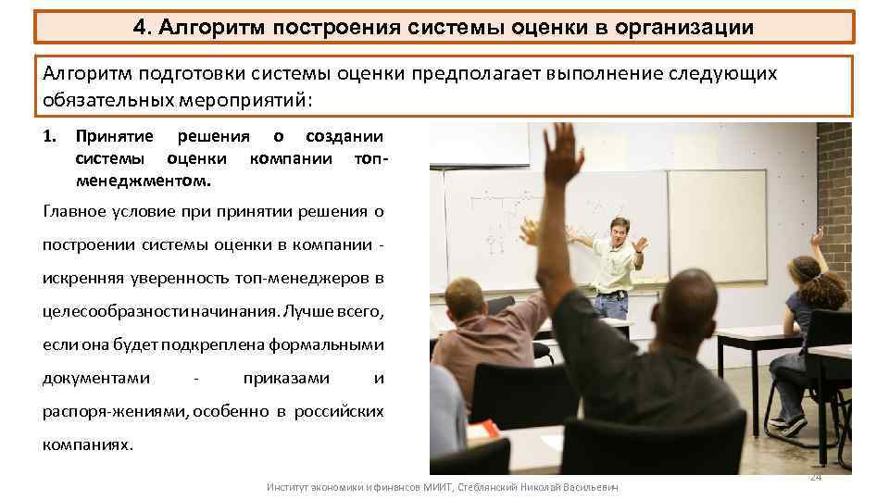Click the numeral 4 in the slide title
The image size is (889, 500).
pyautogui.click(x=139, y=27)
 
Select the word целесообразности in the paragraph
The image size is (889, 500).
pyautogui.click(x=109, y=311)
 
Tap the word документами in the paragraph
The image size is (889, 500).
pyautogui.click(x=96, y=379)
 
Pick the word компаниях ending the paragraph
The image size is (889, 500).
pyautogui.click(x=88, y=444)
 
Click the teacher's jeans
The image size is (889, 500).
pyautogui.click(x=612, y=305)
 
